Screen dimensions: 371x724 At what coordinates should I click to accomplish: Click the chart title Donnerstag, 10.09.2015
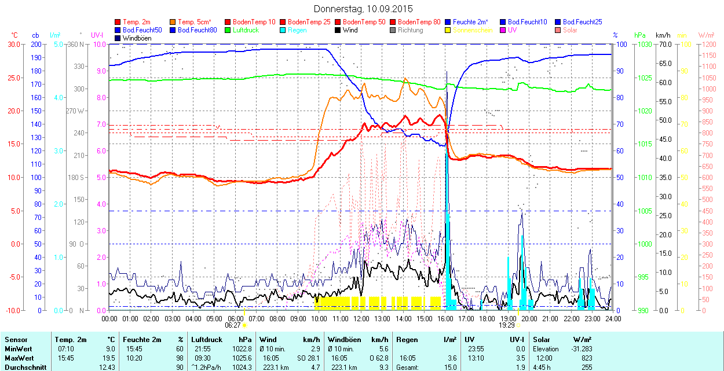coord(363,9)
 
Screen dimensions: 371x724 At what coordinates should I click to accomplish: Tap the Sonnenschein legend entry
coord(473,30)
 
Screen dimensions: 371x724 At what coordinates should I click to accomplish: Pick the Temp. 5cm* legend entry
coord(194,22)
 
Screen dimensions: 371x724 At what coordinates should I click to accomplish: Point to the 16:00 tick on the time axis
coord(445,318)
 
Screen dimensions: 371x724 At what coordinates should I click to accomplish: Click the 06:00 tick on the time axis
coord(235,318)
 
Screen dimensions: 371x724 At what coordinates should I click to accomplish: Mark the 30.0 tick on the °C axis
coord(13,44)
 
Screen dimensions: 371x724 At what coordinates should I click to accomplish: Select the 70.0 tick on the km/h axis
coord(663,44)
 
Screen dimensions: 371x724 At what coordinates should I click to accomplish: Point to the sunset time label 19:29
coord(508,325)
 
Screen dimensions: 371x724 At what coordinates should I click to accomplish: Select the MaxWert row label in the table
coord(18,358)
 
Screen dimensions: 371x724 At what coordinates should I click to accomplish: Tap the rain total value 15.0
coord(449,367)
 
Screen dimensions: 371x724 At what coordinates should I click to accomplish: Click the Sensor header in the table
coord(16,340)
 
